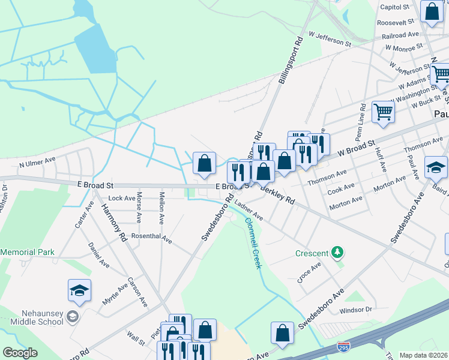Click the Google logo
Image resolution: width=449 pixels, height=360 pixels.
pos(20,353)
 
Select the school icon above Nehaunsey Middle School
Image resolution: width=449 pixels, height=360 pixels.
pos(79,291)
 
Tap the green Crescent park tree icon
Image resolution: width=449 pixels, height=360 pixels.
pos(338,253)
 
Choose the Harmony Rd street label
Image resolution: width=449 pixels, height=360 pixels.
pos(113,220)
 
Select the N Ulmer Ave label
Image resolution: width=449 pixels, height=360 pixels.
pos(37,163)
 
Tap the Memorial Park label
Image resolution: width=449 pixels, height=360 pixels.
pos(28,253)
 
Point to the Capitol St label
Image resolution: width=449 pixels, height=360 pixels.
pos(396,7)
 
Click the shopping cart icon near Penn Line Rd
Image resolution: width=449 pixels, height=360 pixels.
pos(382,111)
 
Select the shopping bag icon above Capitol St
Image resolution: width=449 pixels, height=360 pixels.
pos(432,11)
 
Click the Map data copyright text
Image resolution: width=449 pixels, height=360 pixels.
pos(424,355)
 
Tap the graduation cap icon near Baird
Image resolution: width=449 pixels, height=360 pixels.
pos(436,167)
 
